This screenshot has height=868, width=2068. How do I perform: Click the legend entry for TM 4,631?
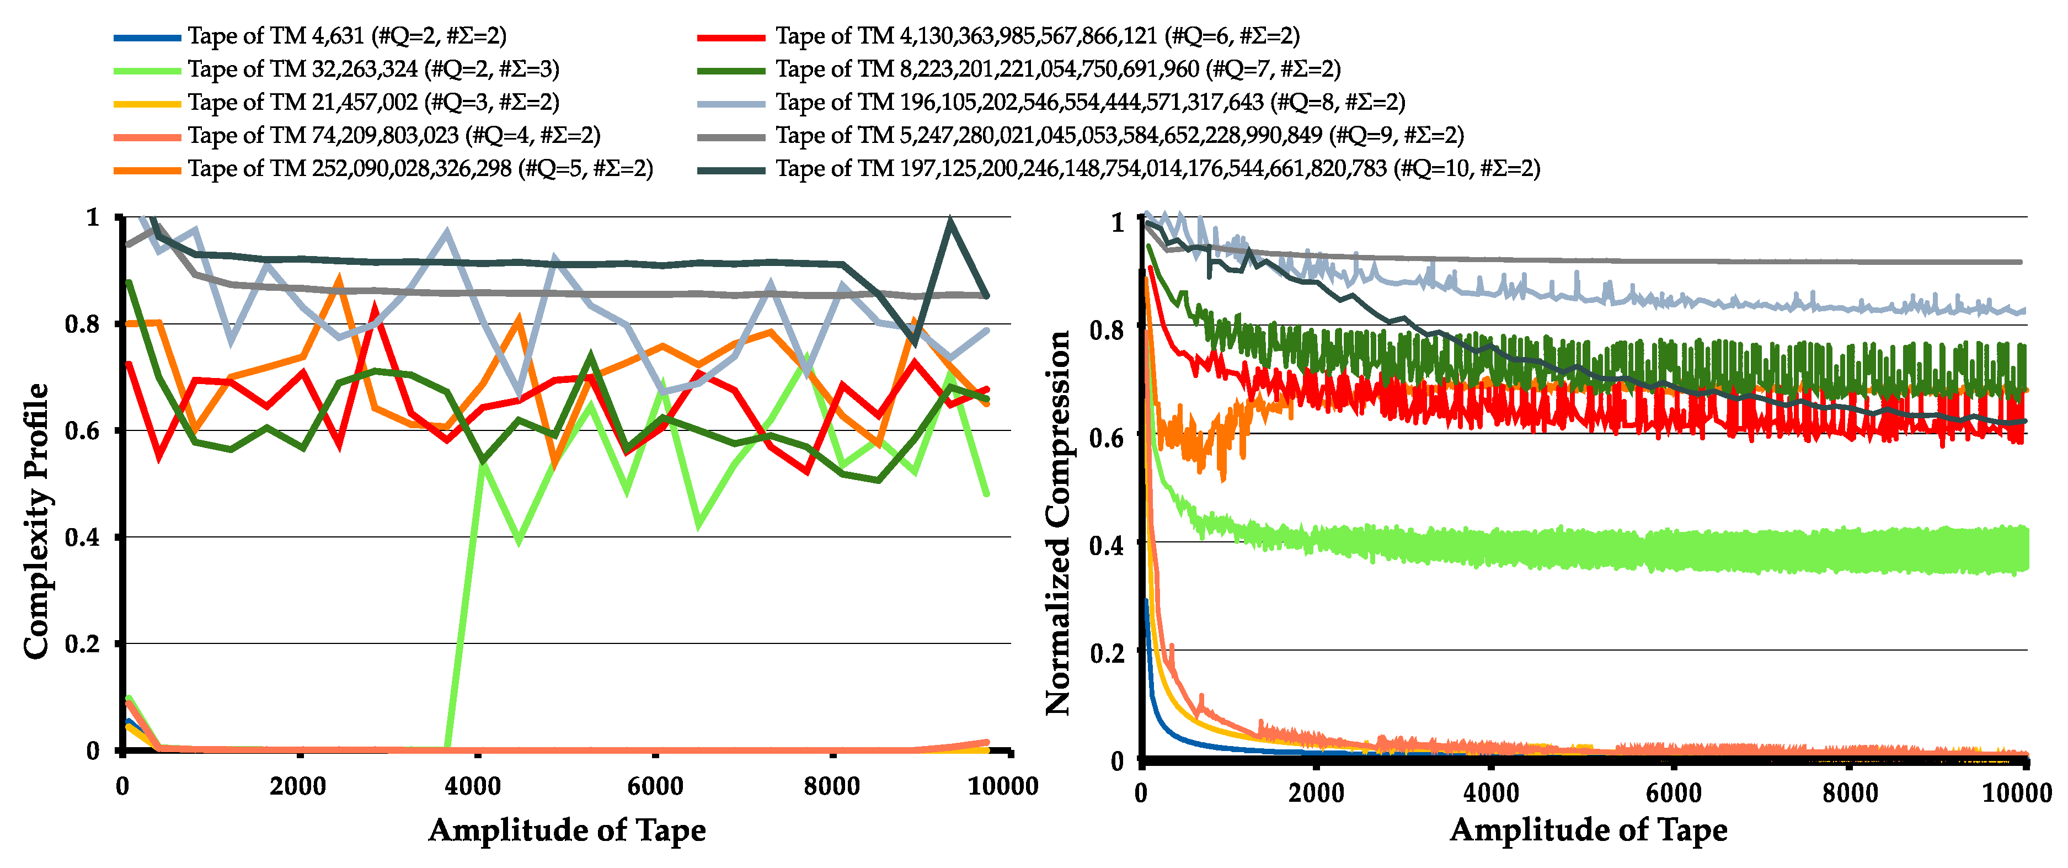(x=347, y=36)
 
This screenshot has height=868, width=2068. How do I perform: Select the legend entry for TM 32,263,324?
(x=373, y=69)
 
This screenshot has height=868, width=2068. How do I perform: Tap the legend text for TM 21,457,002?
(x=373, y=102)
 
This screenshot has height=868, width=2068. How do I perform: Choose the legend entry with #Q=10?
(x=1157, y=169)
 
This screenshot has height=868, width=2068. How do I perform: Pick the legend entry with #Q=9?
(x=1119, y=135)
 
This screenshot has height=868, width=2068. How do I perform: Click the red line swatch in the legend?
(x=730, y=37)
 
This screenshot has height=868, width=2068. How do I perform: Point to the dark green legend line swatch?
(x=730, y=71)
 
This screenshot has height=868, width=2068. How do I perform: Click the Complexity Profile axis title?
(x=35, y=522)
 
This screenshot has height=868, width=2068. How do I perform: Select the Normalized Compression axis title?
(x=1058, y=522)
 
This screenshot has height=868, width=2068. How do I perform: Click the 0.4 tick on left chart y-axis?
(x=82, y=537)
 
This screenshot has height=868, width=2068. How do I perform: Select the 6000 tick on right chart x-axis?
(x=1673, y=794)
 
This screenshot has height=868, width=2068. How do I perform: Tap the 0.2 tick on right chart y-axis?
(x=1106, y=653)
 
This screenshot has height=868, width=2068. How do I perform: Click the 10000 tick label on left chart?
(x=1003, y=786)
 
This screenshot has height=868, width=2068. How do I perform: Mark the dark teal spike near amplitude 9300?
(x=950, y=220)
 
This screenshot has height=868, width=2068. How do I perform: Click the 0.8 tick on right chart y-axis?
(x=1106, y=328)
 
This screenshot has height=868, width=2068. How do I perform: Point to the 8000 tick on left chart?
(x=832, y=786)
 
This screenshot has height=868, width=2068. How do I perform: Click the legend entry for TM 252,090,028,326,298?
(x=420, y=169)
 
